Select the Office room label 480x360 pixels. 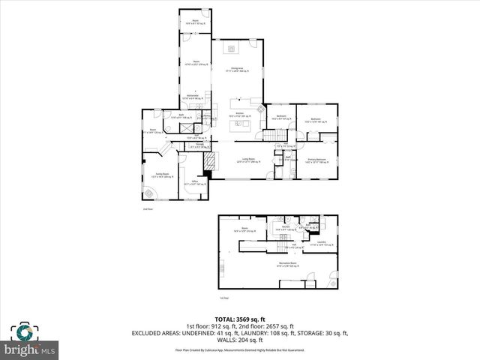pyautogui.click(x=195, y=182)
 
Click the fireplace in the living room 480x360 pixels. pyautogui.click(x=211, y=160)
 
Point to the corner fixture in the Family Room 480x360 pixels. pyautogui.click(x=148, y=193)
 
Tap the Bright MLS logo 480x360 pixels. pyautogui.click(x=30, y=349)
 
